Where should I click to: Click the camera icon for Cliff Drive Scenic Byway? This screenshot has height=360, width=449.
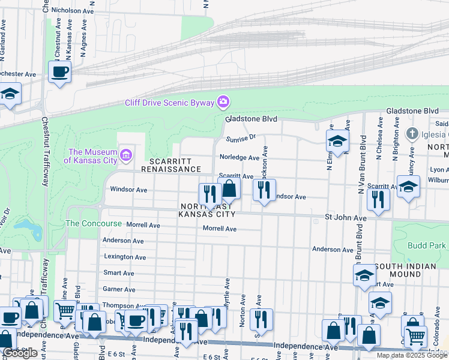223,101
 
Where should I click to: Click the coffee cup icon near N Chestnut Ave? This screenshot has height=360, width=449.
59,72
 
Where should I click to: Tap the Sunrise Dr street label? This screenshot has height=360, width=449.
241,139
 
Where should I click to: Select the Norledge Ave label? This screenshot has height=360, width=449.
239,158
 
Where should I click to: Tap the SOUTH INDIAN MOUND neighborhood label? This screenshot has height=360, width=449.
411,270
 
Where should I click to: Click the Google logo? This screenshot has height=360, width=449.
20,353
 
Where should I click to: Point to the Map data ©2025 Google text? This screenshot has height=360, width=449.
411,355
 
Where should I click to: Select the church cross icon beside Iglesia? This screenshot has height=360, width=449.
411,133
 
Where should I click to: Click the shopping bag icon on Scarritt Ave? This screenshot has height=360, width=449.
229,188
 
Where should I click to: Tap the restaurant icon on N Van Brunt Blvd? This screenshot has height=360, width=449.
378,199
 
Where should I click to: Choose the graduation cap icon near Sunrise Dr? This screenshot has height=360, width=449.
337,141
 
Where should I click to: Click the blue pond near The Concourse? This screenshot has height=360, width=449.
28,227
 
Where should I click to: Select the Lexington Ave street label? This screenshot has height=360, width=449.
125,257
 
